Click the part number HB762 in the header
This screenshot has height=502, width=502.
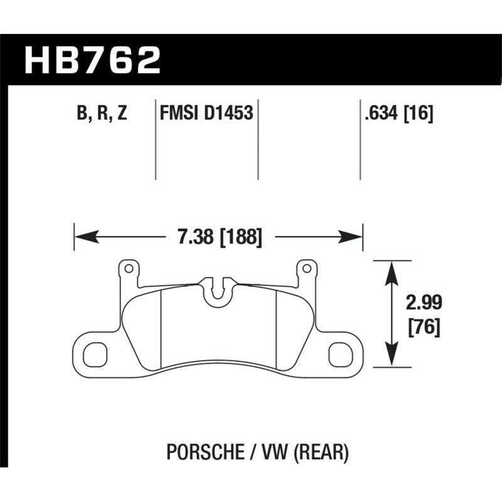coord(92,60)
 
